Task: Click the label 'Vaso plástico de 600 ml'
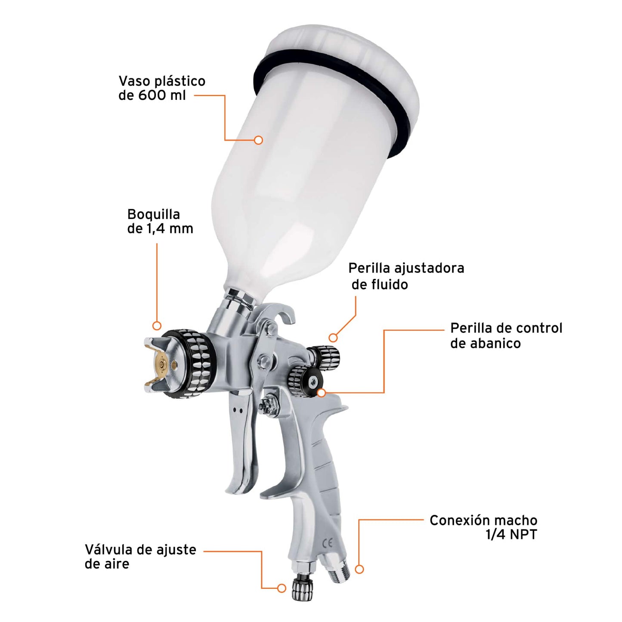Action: tap(162, 88)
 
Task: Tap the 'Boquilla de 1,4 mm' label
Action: tap(160, 221)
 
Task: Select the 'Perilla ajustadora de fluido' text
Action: tap(406, 276)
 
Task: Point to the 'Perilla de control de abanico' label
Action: tap(506, 335)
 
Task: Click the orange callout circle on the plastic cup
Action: tap(258, 140)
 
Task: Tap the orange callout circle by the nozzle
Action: tap(157, 326)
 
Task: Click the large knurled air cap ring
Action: tap(189, 364)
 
